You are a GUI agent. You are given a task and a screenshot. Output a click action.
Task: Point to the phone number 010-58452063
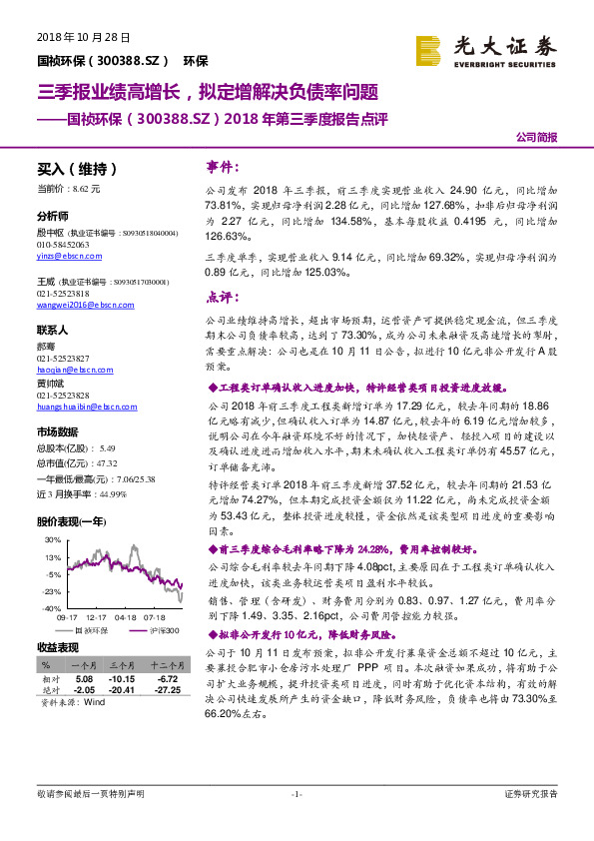[x=63, y=244]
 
